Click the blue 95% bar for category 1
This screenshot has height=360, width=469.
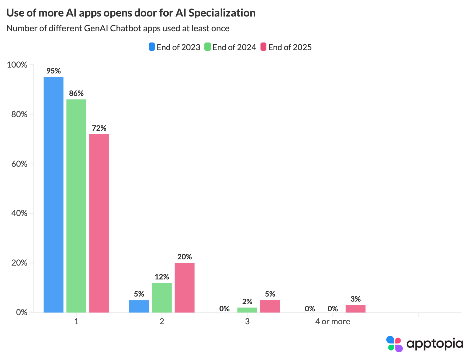pyautogui.click(x=53, y=195)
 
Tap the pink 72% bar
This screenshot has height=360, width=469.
pyautogui.click(x=99, y=223)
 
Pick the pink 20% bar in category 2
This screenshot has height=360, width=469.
pyautogui.click(x=185, y=288)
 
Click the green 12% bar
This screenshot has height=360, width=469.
pyautogui.click(x=162, y=297)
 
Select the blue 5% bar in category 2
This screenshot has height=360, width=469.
pyautogui.click(x=139, y=306)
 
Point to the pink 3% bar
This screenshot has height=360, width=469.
pyautogui.click(x=355, y=309)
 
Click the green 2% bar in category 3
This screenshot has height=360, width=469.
pyautogui.click(x=247, y=310)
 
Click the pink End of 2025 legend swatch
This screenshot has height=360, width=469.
pyautogui.click(x=263, y=47)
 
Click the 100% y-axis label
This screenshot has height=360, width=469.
pyautogui.click(x=17, y=65)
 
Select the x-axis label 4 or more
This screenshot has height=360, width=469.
pyautogui.click(x=333, y=321)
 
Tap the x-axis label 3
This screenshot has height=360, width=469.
pyautogui.click(x=247, y=321)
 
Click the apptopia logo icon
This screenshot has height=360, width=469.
pyautogui.click(x=394, y=344)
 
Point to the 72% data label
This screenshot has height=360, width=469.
pyautogui.click(x=99, y=128)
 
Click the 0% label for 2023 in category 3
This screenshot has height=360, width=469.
pyautogui.click(x=224, y=309)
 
